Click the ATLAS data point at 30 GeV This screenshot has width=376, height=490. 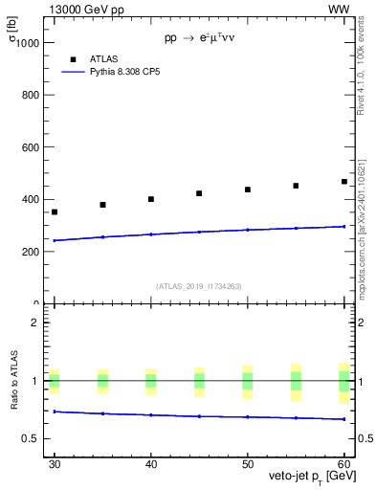click(55, 212)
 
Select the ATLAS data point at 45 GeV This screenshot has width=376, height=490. click(199, 193)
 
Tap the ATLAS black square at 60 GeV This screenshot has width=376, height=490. click(344, 181)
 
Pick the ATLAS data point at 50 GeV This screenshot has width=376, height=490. click(248, 189)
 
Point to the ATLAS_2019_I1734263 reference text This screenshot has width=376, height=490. click(199, 286)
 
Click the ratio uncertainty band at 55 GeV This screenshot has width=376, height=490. click(296, 381)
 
